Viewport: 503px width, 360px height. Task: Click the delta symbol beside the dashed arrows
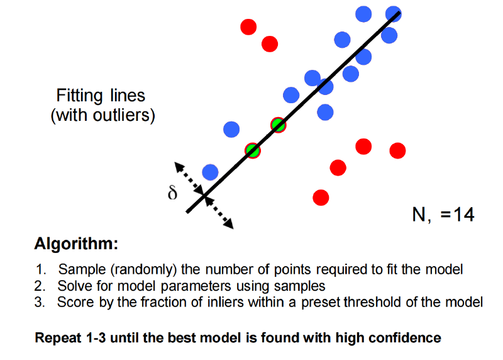172,193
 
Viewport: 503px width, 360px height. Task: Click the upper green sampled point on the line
278,125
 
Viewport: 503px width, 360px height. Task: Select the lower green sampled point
253,151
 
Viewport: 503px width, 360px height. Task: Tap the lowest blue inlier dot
210,172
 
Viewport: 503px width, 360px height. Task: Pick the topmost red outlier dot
248,26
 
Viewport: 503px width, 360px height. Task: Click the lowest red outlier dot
321,198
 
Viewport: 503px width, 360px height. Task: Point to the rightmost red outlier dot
397,150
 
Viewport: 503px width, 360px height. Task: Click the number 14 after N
464,214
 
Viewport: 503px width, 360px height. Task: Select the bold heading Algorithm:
76,244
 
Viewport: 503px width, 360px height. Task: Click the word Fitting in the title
80,96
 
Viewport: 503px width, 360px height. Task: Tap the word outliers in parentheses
121,115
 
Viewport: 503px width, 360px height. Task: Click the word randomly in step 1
144,269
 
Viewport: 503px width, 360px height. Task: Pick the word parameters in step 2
196,286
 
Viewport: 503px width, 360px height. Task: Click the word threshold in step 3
372,302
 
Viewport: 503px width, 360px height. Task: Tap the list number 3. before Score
40,303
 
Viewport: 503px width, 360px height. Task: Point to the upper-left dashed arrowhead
179,166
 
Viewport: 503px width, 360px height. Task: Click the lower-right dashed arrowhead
229,224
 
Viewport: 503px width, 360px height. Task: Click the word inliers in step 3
226,302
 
